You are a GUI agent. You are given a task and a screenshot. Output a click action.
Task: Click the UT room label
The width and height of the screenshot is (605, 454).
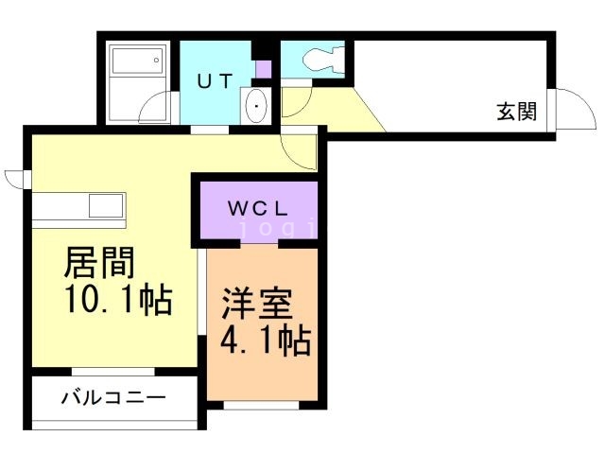click(214, 81)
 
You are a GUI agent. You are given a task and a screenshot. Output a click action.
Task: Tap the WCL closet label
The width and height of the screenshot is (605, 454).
click(256, 206)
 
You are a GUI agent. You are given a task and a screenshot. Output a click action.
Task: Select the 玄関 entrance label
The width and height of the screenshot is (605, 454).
click(516, 112)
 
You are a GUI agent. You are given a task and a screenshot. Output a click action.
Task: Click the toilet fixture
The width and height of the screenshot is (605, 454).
click(317, 60)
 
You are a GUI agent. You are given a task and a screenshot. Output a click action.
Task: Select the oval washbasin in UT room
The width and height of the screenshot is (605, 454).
click(256, 106)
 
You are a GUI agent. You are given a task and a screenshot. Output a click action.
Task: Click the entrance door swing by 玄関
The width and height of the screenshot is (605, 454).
click(569, 111)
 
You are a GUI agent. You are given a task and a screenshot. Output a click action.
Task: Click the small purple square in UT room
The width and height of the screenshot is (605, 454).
click(263, 69)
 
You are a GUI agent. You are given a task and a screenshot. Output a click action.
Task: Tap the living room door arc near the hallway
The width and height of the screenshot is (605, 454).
click(301, 149)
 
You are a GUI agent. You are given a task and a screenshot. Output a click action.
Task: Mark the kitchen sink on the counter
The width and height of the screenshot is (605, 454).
click(106, 205)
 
